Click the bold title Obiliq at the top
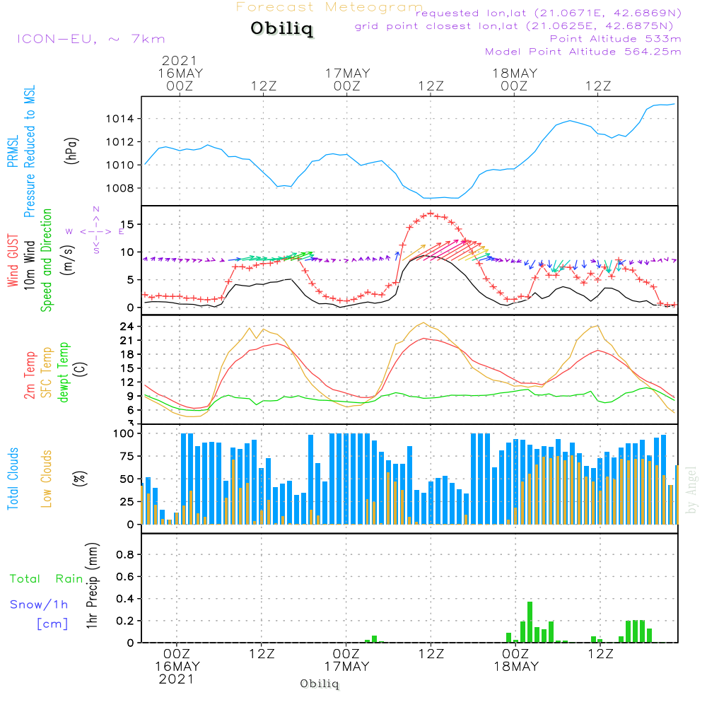pos(281,29)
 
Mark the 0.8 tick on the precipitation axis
pos(124,554)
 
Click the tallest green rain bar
pos(530,621)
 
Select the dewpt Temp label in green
pos(64,373)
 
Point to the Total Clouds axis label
pos(13,479)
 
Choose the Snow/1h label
pos(39,604)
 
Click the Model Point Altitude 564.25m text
pos(583,52)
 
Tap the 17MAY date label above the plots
pos(347,74)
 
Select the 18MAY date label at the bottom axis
pos(516,667)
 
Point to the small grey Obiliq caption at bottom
pos(320,684)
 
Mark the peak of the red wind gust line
pos(431,213)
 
